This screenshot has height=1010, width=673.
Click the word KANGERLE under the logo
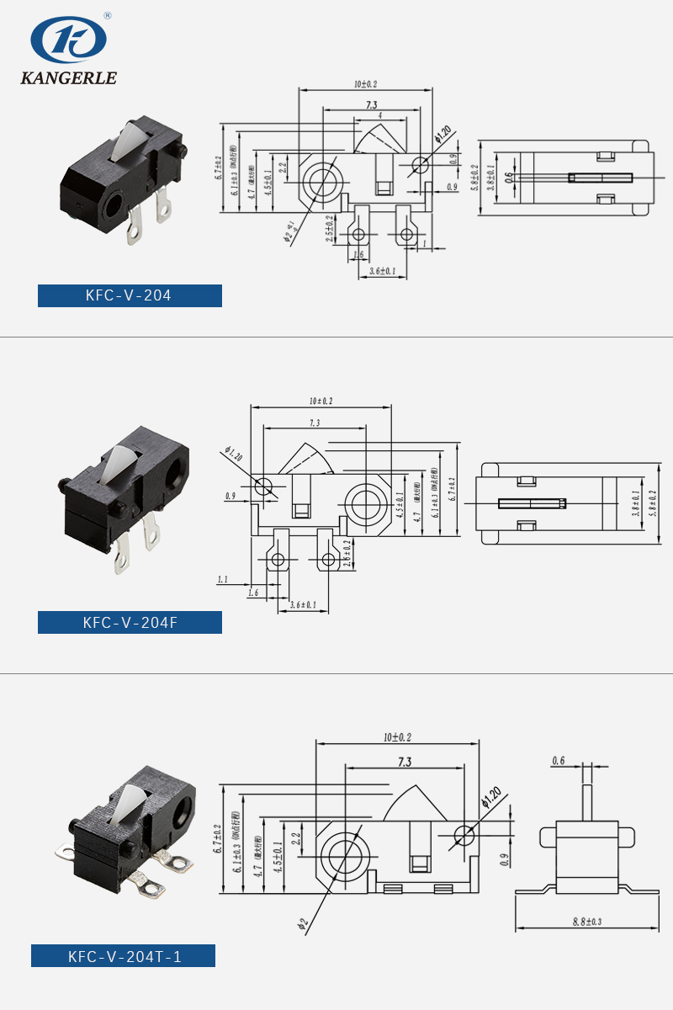click(68, 78)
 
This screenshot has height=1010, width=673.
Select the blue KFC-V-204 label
click(130, 295)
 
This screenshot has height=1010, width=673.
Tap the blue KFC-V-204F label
click(130, 623)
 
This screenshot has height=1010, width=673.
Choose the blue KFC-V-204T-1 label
click(123, 956)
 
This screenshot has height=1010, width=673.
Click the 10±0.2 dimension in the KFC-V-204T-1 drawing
click(396, 737)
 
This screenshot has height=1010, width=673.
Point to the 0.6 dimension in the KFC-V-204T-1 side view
click(559, 761)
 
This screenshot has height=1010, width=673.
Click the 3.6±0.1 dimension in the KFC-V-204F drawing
click(303, 604)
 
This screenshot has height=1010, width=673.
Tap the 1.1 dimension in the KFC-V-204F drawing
click(223, 579)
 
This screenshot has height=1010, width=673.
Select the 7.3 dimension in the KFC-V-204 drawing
click(371, 105)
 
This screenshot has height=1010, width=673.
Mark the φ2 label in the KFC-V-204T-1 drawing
click(302, 924)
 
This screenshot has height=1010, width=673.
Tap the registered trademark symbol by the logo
click(107, 16)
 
